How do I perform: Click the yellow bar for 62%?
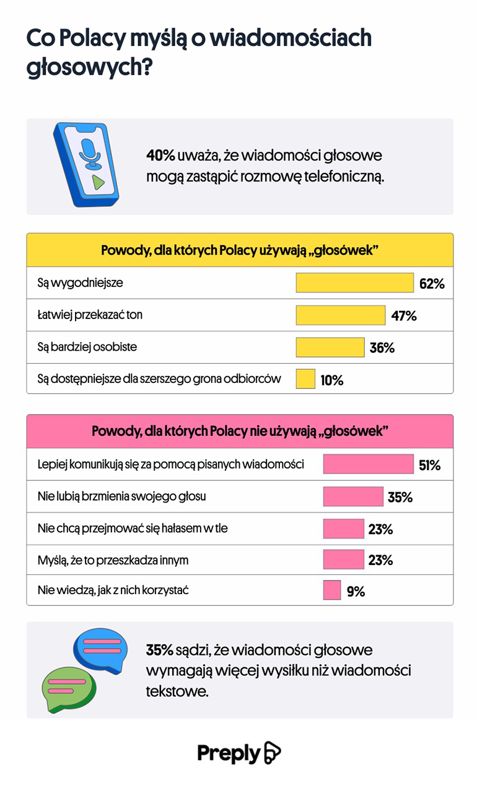tap(354, 283)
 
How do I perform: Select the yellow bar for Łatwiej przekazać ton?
tap(340, 315)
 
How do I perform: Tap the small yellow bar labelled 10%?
tap(305, 379)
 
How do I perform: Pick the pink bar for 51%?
tap(368, 464)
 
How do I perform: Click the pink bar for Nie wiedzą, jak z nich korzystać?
tap(332, 590)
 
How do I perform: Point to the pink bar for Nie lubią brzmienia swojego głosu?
tap(353, 496)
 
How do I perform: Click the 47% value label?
tap(404, 316)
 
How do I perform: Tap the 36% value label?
tap(382, 348)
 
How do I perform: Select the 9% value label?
tap(356, 592)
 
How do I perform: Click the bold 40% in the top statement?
tap(160, 155)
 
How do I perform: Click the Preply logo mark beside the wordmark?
tap(273, 753)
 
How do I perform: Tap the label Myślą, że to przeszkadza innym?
tap(113, 560)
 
